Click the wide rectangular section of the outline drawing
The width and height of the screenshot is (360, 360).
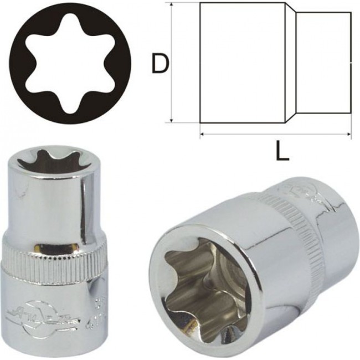(243, 62)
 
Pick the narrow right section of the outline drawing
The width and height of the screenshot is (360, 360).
(323, 62)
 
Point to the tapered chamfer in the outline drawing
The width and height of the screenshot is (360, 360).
(291, 62)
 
